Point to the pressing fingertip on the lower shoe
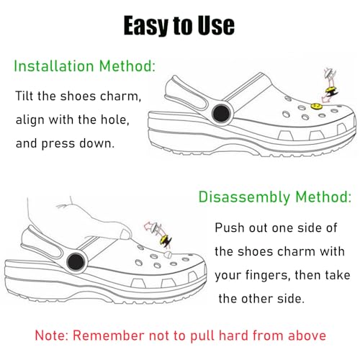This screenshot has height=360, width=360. pyautogui.click(x=128, y=233)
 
